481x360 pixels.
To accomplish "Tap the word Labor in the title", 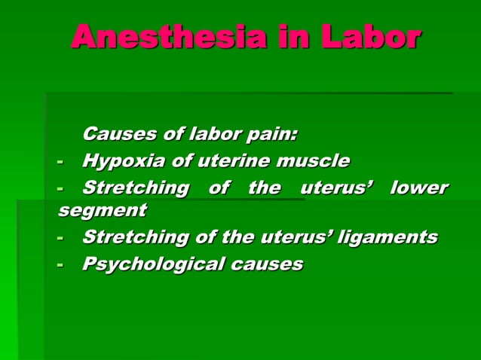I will [370, 37].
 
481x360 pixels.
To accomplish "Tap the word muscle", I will [314, 160].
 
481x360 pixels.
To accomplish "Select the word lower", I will [419, 188].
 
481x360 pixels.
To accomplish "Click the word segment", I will [102, 211].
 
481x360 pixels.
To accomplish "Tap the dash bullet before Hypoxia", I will [60, 161].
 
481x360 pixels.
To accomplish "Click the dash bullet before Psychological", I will [60, 265].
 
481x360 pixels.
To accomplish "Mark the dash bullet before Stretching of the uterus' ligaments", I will [60, 238].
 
